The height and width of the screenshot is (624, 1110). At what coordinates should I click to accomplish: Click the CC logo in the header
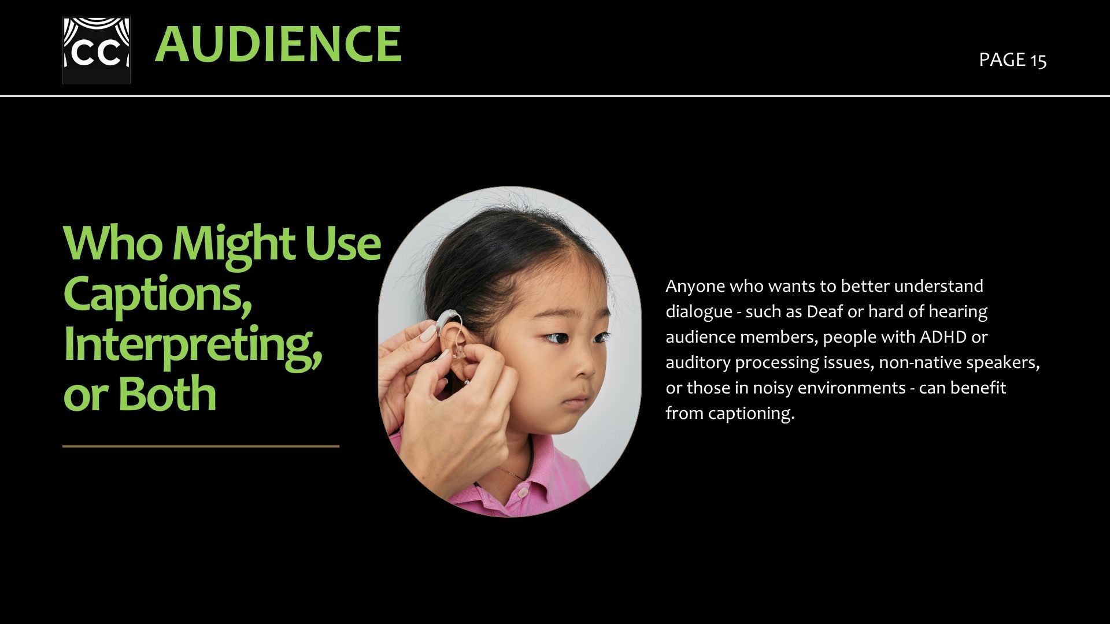(97, 50)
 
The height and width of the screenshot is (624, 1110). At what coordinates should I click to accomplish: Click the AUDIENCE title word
(278, 44)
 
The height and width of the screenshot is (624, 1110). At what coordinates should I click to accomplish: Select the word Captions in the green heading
(158, 295)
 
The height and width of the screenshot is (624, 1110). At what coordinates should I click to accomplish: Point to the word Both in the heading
(167, 393)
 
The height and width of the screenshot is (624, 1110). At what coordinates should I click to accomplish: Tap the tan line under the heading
(201, 446)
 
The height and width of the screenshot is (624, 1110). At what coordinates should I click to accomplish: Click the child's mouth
(576, 400)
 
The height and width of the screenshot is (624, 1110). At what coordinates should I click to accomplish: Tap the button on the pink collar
(521, 493)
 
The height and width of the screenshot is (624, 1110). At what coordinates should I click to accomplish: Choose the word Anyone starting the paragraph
(695, 287)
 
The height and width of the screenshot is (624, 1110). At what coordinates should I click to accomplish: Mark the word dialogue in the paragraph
(699, 312)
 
